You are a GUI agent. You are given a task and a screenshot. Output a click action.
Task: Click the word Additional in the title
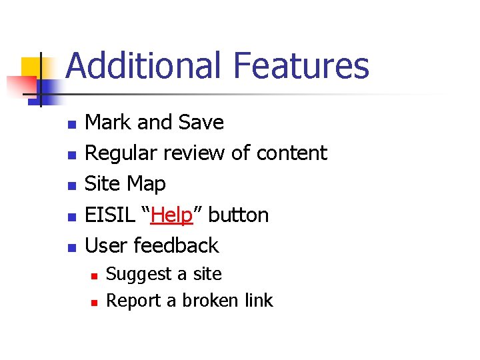point(143,66)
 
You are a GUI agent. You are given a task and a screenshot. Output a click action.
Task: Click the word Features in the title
point(301,66)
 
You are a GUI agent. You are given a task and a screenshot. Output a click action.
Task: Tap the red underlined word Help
point(171,215)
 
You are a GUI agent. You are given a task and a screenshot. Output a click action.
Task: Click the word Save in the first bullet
point(201,123)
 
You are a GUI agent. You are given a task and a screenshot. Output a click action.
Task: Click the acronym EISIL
point(109,215)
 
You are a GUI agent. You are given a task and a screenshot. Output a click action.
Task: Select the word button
point(239,215)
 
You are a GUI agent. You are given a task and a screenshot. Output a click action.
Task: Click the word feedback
point(176,246)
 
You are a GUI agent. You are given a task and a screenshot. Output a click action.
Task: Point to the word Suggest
point(133,275)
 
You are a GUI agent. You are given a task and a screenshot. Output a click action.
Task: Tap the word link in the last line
point(259,301)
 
